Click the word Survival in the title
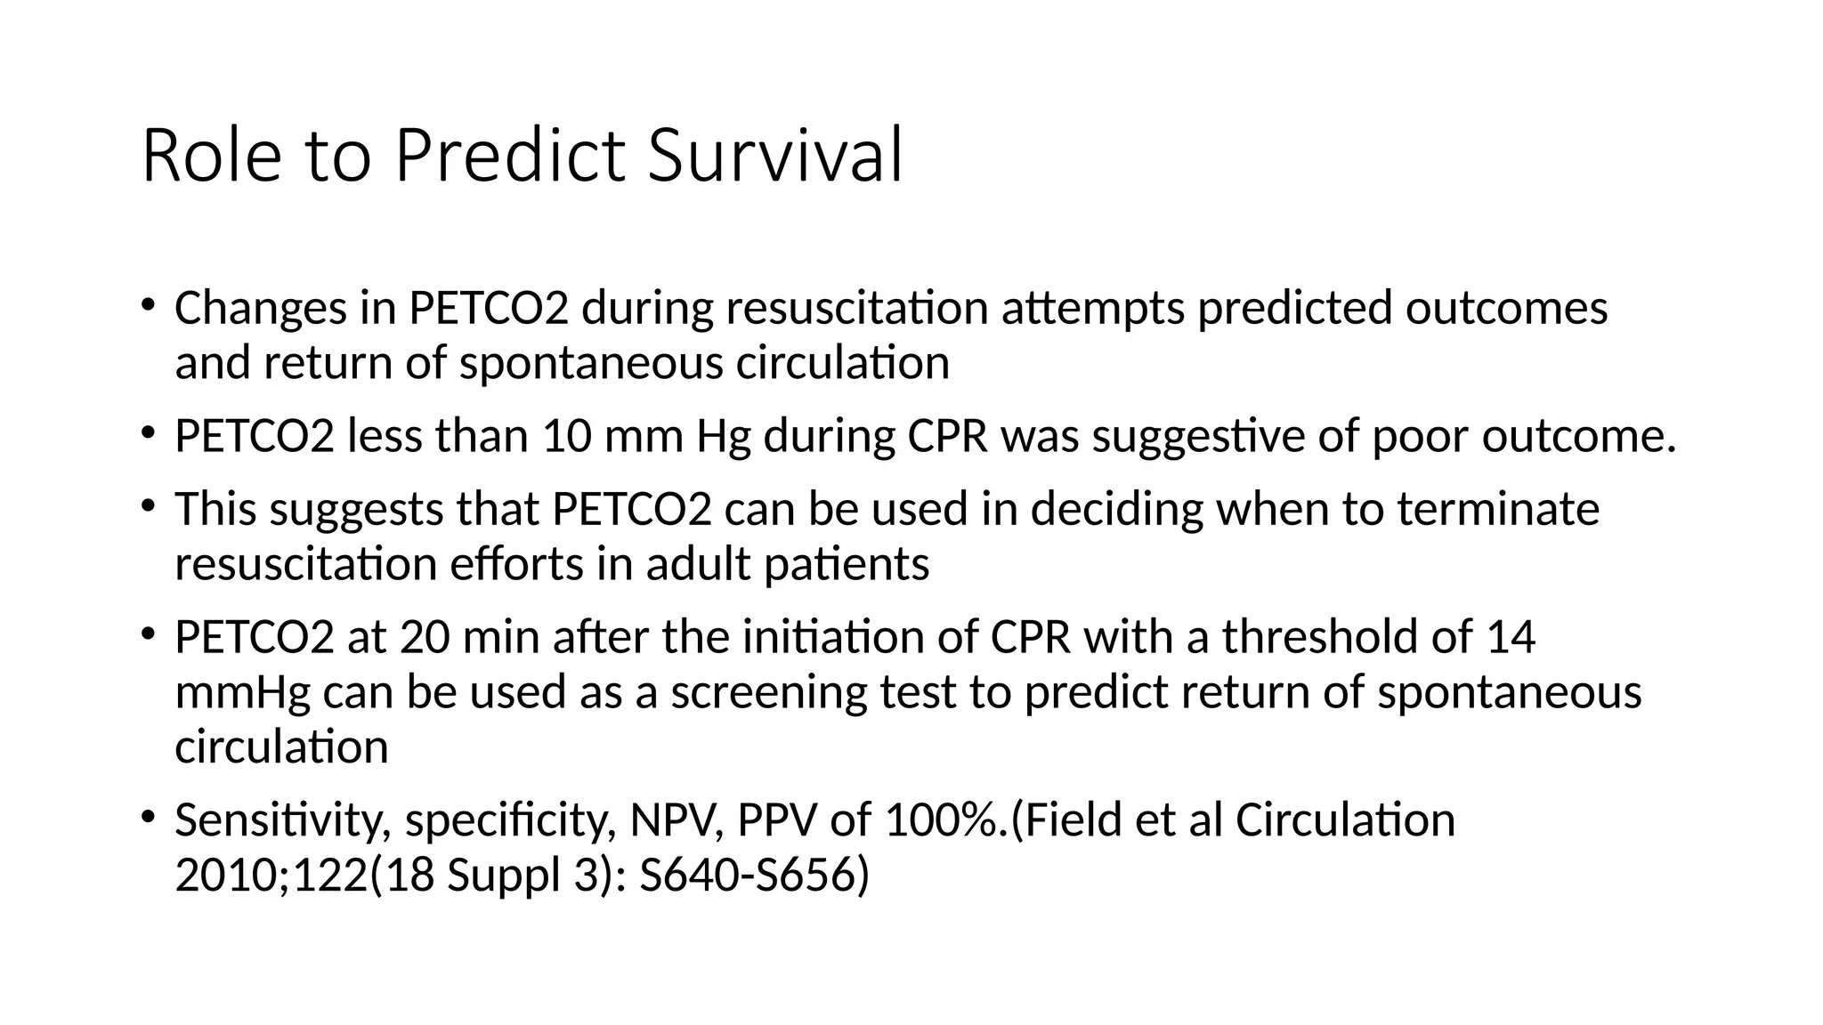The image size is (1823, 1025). pos(774,157)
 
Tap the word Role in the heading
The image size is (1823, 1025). pos(211,157)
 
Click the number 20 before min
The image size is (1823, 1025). pos(425,637)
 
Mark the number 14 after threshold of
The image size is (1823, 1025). pos(1511,637)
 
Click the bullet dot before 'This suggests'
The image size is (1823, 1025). pos(148,507)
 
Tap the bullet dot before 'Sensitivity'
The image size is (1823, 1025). pos(148,817)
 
